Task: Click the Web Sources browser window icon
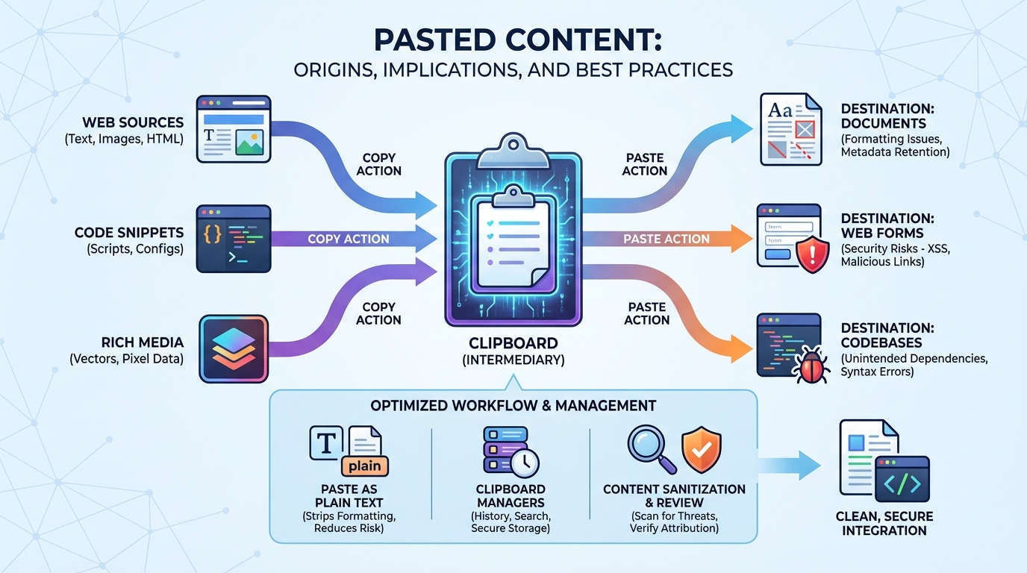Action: [233, 128]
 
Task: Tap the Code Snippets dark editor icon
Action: [233, 239]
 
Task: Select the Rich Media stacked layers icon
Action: [234, 350]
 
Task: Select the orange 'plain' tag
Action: [365, 466]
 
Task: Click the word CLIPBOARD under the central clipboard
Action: [513, 343]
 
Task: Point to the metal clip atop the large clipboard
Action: [513, 145]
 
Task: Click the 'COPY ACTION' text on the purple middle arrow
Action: [349, 239]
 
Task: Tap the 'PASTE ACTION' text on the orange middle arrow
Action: [667, 239]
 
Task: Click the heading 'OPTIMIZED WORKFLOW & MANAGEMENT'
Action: [513, 406]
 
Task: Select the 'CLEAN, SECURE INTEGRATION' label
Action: [884, 523]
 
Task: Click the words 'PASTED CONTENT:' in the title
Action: [513, 40]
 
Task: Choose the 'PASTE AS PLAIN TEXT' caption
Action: [349, 496]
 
